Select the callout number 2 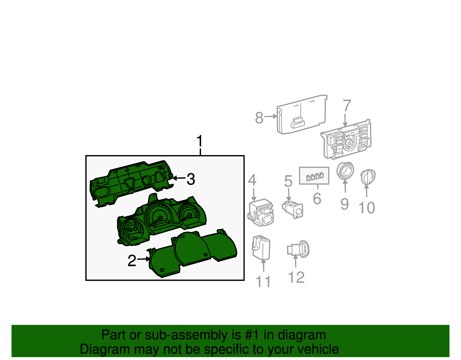click(132, 261)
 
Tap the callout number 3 click(191, 179)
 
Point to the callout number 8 click(259, 118)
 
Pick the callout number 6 click(317, 199)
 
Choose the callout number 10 click(366, 208)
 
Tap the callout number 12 click(296, 277)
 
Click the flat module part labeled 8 click(302, 114)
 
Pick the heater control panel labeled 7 click(346, 139)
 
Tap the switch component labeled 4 click(260, 212)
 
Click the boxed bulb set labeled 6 click(314, 176)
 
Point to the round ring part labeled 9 click(345, 170)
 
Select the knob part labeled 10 click(368, 177)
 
